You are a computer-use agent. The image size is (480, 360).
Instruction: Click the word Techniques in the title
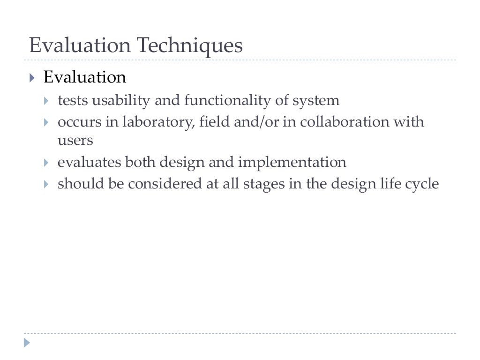[x=189, y=46]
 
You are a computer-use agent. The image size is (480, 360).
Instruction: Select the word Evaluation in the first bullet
[x=85, y=77]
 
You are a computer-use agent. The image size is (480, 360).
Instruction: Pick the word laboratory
[x=158, y=122]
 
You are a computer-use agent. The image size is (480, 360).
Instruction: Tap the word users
[x=75, y=140]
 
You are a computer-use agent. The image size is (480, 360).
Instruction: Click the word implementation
[x=292, y=162]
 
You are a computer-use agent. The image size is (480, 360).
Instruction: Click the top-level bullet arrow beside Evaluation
[x=31, y=77]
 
